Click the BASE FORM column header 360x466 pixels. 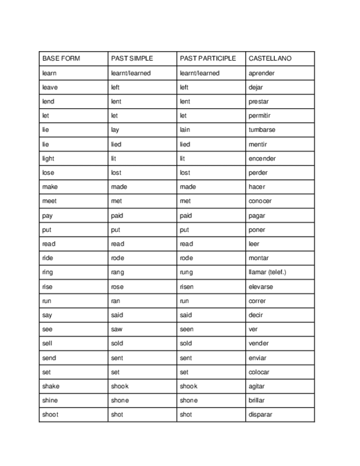coord(61,58)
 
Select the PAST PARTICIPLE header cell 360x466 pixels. coord(208,58)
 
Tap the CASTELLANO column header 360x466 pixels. coord(270,58)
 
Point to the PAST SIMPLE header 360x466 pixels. coord(132,58)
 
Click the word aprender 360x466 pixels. coord(262,73)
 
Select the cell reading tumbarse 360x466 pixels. coord(262,130)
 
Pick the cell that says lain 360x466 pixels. coord(185,130)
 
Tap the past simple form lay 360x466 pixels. coord(115,130)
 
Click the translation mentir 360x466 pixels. coord(258,145)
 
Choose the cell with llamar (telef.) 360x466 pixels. coord(267,273)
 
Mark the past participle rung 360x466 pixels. coord(186,273)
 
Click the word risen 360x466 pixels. coord(186,287)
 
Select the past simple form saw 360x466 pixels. coord(117,330)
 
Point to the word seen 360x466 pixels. coord(186,330)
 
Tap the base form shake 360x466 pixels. coord(51,386)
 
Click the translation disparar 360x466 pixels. coord(260,415)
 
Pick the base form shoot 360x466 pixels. coord(50,415)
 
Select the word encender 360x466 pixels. coord(262,159)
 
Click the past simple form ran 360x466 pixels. coord(115,301)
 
